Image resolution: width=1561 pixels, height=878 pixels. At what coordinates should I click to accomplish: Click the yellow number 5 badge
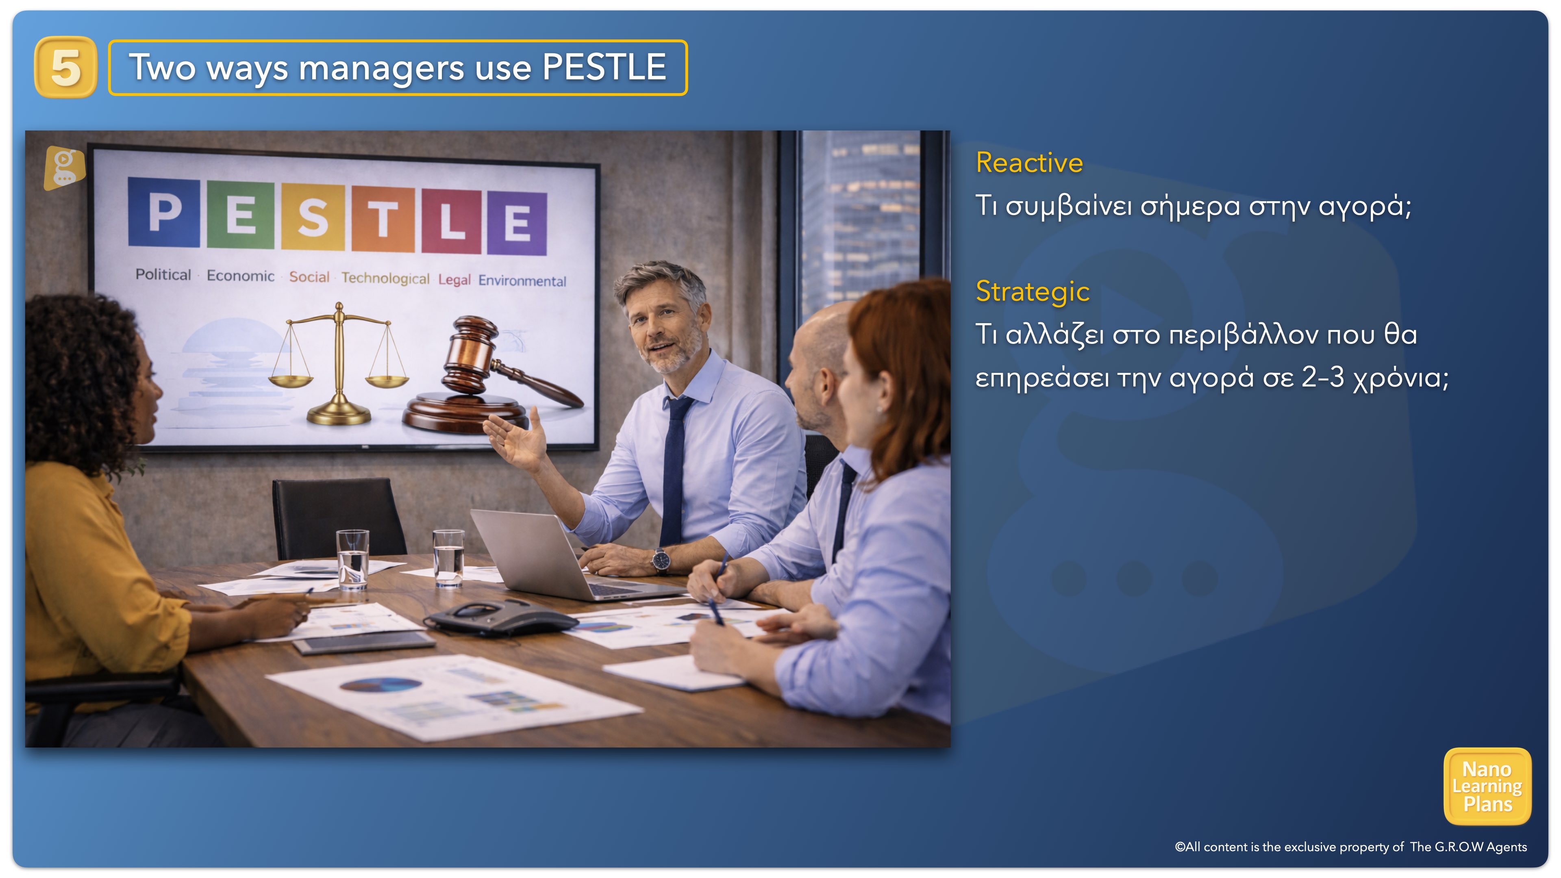click(65, 67)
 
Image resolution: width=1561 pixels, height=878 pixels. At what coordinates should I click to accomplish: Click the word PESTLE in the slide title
click(604, 67)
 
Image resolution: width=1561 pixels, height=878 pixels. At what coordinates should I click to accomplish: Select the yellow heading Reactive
click(1029, 163)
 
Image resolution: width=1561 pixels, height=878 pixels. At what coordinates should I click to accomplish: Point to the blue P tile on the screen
click(164, 212)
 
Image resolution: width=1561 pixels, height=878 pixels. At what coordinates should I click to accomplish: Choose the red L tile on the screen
click(452, 221)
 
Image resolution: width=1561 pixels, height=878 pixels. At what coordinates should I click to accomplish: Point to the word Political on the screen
click(163, 274)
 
